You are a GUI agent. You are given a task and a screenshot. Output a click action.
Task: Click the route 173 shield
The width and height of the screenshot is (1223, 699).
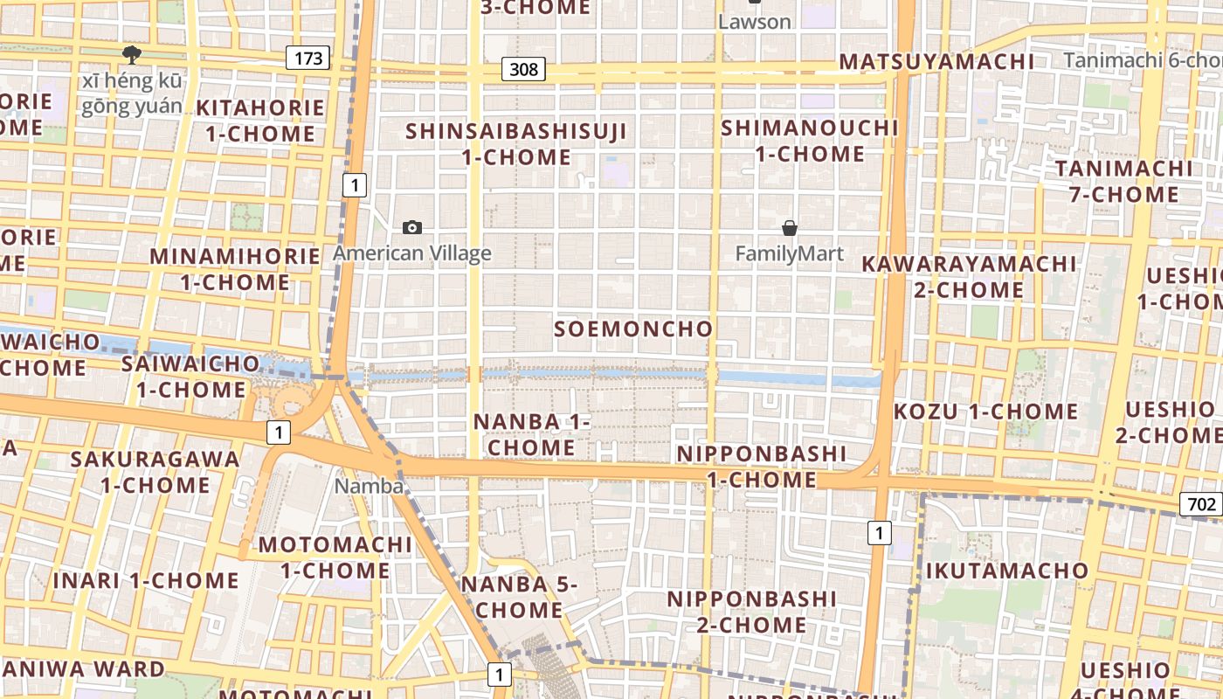pos(307,59)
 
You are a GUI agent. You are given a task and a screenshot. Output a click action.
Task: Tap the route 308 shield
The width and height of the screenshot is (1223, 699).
pos(523,69)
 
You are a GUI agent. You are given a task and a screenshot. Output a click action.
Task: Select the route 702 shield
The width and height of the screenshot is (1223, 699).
pos(1202,504)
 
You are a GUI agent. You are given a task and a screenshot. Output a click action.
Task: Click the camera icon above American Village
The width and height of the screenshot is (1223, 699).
pos(412,228)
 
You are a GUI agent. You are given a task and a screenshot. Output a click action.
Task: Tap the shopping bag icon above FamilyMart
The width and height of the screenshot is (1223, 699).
pos(790,228)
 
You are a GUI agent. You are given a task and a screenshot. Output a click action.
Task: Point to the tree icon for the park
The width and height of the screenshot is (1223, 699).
pos(132,55)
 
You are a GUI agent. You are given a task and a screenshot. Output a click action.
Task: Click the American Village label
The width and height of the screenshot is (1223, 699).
pos(412,253)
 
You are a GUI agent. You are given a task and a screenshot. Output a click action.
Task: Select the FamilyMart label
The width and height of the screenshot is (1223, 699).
pos(790,253)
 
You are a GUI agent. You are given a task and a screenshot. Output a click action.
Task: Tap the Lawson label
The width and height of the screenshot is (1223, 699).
pos(754,22)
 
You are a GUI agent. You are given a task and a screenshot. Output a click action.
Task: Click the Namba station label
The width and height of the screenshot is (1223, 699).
pos(369,486)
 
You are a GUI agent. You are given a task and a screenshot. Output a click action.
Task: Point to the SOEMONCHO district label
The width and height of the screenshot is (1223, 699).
pos(633,329)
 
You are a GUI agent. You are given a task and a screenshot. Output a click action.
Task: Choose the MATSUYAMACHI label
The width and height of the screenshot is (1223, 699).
pos(936,62)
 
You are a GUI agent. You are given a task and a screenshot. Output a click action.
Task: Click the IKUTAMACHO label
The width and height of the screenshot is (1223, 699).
pos(1007,571)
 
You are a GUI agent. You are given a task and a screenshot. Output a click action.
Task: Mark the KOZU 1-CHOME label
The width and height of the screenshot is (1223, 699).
pos(986,412)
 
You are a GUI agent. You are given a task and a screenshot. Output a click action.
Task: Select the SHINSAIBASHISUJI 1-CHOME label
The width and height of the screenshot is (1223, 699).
pos(516,144)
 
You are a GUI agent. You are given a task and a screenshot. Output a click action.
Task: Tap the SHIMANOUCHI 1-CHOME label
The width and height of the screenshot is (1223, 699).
pos(809,141)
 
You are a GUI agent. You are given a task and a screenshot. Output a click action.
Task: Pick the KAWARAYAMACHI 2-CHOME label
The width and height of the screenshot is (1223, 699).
pos(969,276)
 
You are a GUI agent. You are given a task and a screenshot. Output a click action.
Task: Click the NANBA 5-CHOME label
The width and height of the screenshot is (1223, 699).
pos(519,597)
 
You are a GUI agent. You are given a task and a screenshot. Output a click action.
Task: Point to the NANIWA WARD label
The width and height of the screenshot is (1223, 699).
pos(82,670)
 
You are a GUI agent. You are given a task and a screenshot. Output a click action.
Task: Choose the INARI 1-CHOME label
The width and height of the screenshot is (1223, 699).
pos(146,581)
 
